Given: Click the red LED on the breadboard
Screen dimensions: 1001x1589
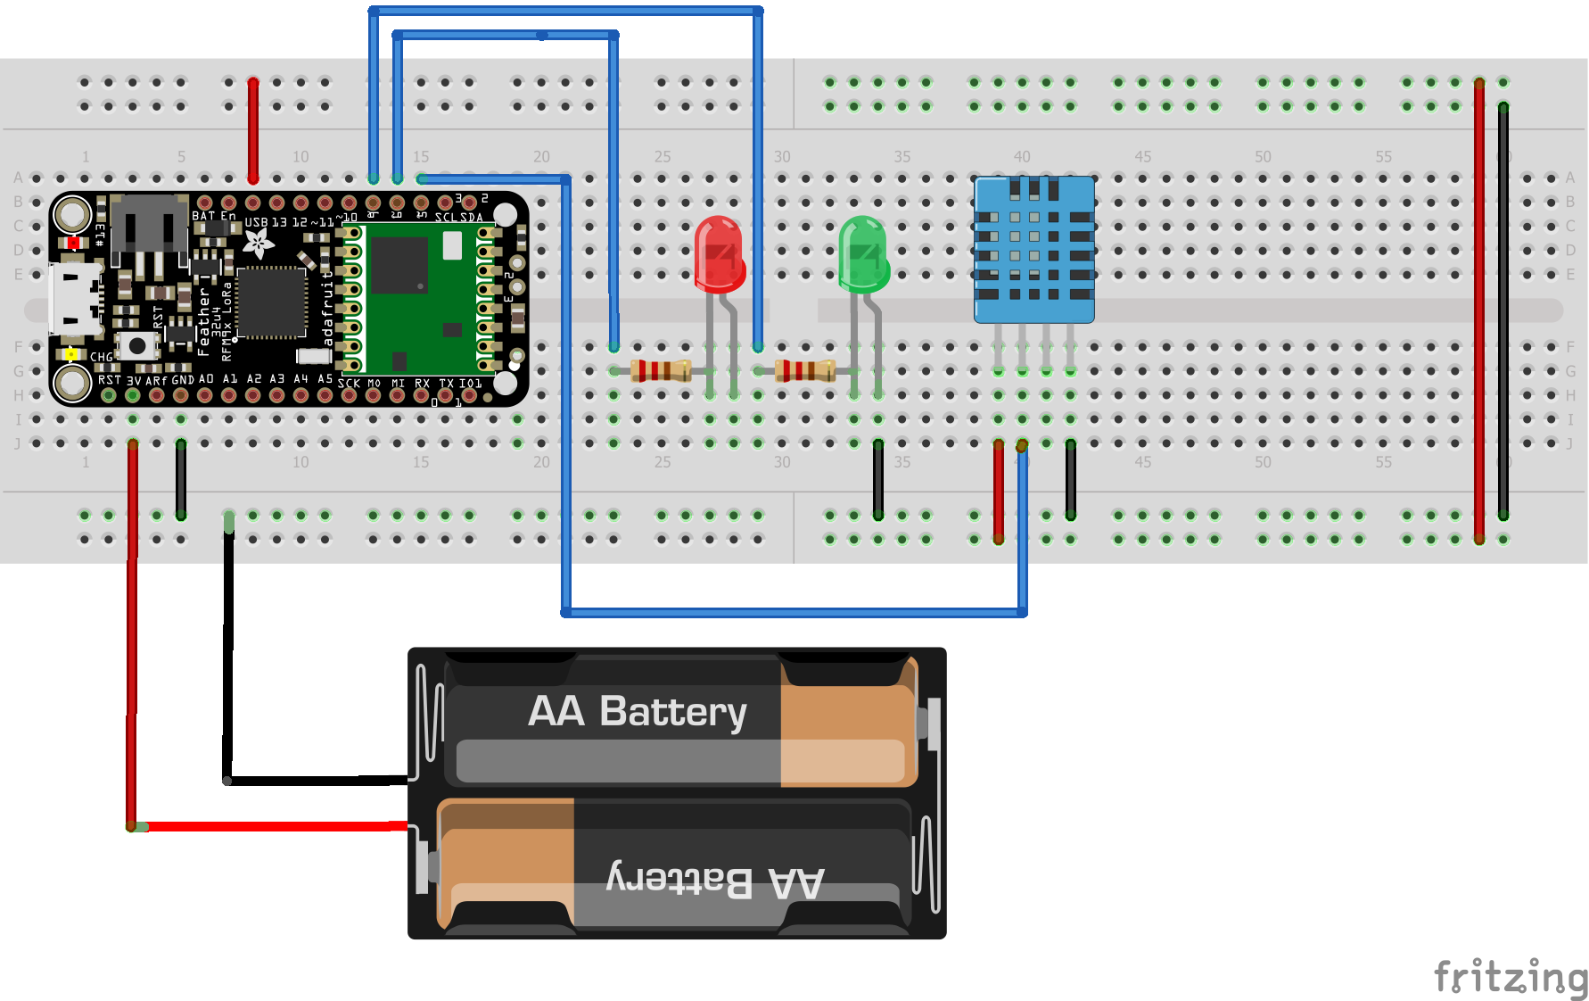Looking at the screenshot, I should [x=719, y=254].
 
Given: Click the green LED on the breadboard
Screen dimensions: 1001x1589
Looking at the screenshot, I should [x=863, y=255].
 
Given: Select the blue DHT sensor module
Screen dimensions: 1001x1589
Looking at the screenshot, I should [x=1033, y=249].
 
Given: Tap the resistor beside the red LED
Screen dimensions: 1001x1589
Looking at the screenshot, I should [x=661, y=369].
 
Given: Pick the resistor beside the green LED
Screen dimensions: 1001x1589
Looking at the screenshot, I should [x=805, y=369].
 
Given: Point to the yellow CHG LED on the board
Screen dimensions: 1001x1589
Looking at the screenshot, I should [x=71, y=354].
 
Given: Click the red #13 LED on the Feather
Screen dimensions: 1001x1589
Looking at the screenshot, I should [x=73, y=243].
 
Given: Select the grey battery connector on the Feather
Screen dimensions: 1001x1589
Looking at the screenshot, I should [x=148, y=223].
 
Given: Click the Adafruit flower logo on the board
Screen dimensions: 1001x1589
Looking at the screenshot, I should [x=259, y=242].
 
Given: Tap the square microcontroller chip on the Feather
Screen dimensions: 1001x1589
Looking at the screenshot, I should [x=271, y=302].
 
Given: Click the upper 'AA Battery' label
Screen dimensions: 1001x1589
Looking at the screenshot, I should [x=637, y=712].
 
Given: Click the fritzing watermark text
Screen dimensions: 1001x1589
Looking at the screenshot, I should [x=1510, y=976].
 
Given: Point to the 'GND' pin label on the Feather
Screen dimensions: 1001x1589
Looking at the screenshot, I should [x=183, y=380].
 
